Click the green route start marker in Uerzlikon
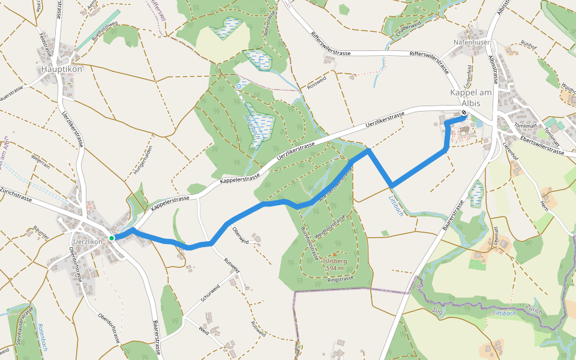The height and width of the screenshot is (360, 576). pos(112,238)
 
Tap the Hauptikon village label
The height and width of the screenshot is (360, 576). pos(62,69)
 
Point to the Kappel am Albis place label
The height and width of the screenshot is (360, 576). pos(471,98)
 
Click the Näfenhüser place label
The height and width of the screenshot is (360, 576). pos(472,42)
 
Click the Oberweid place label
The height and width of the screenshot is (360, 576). pos(240,236)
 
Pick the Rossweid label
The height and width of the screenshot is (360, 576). pos(316,83)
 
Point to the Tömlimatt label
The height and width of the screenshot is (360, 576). pos(525,126)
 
